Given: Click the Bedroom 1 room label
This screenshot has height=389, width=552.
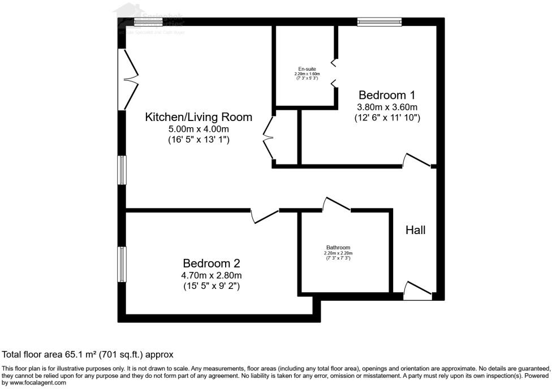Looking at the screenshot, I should point(382,95).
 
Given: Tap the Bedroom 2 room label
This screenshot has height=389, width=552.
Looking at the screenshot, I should point(212,263).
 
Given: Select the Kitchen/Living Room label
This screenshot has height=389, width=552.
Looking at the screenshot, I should point(199,117).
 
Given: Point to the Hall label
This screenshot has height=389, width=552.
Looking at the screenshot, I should point(416,230).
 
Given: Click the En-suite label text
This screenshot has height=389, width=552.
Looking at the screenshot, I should point(307,69).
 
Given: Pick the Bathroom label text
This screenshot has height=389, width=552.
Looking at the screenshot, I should point(338,248).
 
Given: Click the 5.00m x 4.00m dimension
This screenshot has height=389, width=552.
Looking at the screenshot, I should point(199,129).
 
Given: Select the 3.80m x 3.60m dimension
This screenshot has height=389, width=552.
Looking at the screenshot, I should point(387,107).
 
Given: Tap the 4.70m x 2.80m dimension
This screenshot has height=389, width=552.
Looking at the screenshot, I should point(212,275).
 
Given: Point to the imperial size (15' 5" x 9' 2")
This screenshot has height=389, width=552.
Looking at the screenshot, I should point(212,286).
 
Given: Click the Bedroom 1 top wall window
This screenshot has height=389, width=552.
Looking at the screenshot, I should point(379,22).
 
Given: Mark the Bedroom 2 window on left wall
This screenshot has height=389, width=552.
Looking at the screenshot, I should point(121,263).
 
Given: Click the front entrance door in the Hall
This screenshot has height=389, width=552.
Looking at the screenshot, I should point(418,289).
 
